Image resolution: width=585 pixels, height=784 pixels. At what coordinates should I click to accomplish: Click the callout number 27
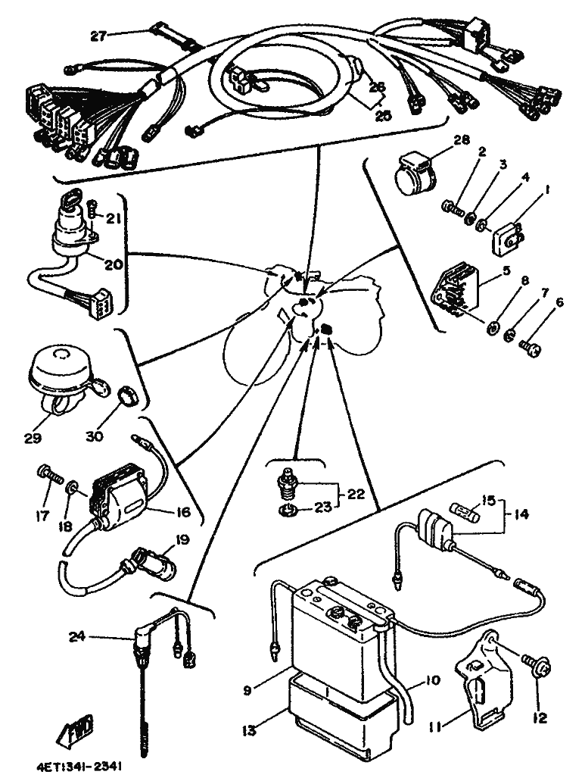point(99,35)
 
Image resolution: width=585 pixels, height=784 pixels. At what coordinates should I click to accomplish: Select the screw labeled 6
point(529,347)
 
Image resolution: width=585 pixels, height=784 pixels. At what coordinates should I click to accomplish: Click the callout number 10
point(432,680)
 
